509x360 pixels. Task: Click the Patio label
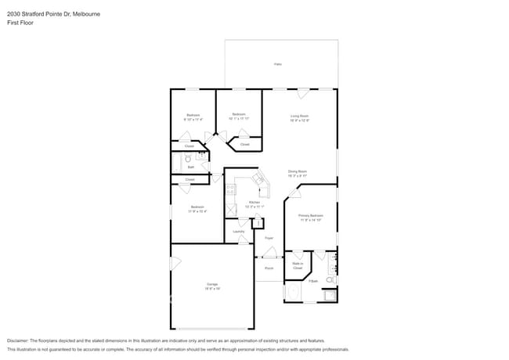[x=277, y=64]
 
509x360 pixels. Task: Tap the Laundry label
[x=239, y=231]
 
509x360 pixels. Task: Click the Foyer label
[x=269, y=237]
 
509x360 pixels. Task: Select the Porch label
[x=269, y=268]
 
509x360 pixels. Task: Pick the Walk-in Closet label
[x=298, y=265]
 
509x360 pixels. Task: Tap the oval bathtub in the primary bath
[x=294, y=293]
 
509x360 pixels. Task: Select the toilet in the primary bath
[x=330, y=279]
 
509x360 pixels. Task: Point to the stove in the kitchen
[x=230, y=189]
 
